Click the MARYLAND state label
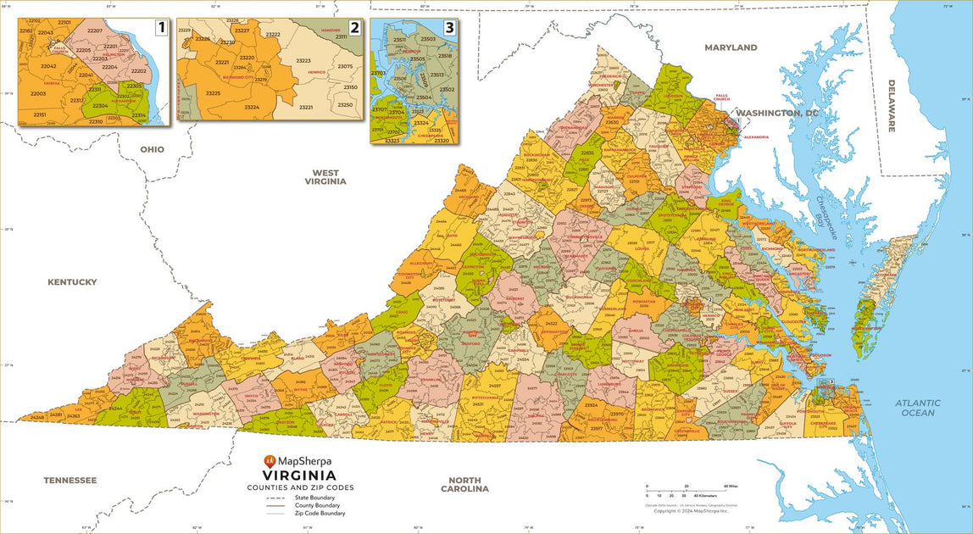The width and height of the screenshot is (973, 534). click(731, 48)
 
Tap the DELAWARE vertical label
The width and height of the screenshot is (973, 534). click(892, 106)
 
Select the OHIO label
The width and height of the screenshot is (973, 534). click(153, 149)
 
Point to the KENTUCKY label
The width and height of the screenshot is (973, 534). click(72, 282)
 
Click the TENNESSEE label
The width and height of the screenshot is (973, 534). click(70, 481)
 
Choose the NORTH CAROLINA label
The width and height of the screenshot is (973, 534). click(464, 484)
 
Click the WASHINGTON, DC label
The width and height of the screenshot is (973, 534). click(777, 113)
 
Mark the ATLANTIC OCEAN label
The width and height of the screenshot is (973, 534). click(918, 408)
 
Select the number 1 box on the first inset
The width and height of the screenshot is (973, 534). click(160, 28)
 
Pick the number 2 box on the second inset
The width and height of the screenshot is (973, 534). click(354, 28)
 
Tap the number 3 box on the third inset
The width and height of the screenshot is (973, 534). click(449, 28)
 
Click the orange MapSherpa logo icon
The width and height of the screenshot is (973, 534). click(270, 461)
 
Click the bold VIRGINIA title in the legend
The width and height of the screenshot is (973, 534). click(300, 476)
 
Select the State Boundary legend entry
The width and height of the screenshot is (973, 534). click(313, 498)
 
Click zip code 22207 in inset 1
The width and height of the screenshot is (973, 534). click(95, 31)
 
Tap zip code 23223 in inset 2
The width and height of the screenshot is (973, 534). click(303, 61)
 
